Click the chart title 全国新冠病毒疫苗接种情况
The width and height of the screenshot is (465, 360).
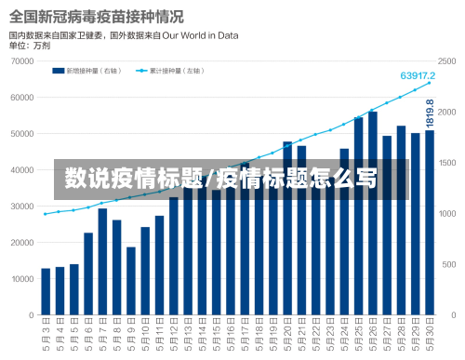96,16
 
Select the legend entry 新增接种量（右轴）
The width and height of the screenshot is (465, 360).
91,70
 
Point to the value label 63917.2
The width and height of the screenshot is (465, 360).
418,75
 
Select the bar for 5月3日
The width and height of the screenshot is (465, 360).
46,291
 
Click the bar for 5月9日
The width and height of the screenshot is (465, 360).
131,280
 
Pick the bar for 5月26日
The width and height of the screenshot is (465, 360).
373,213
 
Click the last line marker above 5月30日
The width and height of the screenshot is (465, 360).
430,84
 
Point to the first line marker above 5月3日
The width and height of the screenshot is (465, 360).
46,214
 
